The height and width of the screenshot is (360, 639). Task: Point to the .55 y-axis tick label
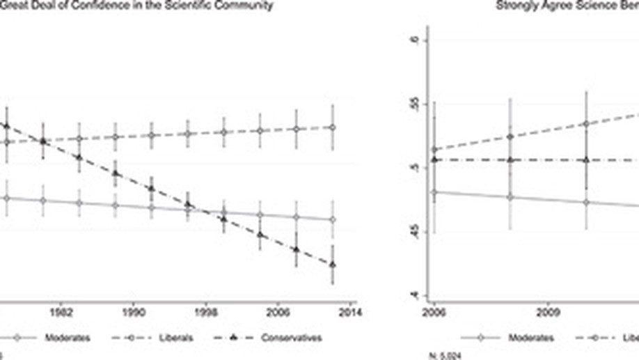click(x=416, y=104)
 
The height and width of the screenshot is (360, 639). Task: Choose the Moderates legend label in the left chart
click(x=67, y=338)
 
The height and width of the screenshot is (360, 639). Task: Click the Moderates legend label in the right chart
click(x=530, y=338)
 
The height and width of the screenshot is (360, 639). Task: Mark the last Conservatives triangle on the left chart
click(x=333, y=265)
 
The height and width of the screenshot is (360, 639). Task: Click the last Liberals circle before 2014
click(x=333, y=127)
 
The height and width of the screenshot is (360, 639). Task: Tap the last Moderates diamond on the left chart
click(x=333, y=219)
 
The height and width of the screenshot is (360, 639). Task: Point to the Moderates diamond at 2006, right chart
click(x=435, y=191)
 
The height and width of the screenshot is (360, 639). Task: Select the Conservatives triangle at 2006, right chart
click(x=435, y=159)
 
